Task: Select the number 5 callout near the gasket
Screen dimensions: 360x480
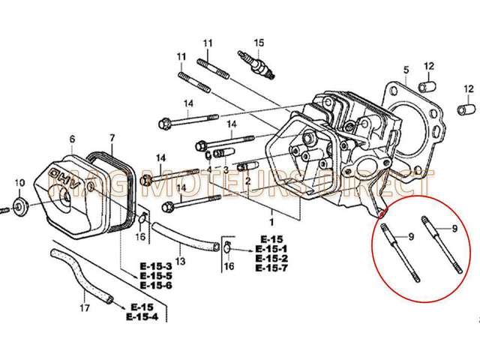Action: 405,70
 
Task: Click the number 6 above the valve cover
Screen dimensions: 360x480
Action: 72,139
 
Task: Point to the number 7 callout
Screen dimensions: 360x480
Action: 112,138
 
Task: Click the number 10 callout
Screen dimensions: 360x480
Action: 20,182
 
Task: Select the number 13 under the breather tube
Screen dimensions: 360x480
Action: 180,260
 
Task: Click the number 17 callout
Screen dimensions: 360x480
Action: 85,307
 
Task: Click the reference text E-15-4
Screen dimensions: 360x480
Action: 143,317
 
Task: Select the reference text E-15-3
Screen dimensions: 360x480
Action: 156,266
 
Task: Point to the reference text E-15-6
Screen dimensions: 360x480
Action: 156,286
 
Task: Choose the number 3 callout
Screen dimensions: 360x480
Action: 225,171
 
